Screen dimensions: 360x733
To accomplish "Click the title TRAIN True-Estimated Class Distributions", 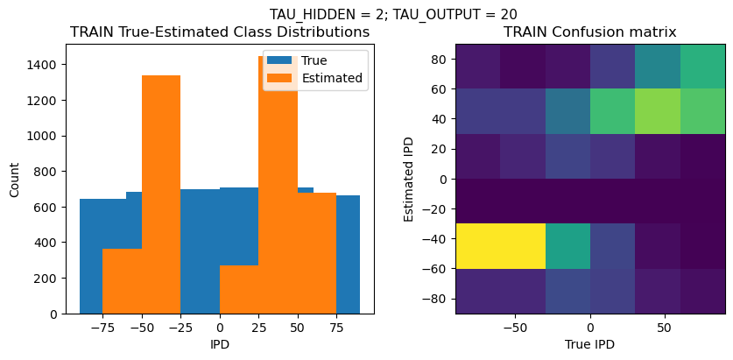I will pyautogui.click(x=219, y=32).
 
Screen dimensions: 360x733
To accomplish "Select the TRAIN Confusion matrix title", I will pyautogui.click(x=589, y=32).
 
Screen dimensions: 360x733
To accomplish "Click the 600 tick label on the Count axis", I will pyautogui.click(x=49, y=207).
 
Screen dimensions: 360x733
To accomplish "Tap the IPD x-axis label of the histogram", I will pyautogui.click(x=219, y=344).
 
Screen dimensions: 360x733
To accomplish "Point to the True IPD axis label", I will pyautogui.click(x=589, y=344).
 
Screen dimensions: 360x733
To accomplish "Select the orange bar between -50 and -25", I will pyautogui.click(x=160, y=193).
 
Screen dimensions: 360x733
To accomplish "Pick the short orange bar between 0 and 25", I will pyautogui.click(x=238, y=289).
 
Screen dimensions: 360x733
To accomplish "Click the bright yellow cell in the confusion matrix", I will pyautogui.click(x=500, y=245).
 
